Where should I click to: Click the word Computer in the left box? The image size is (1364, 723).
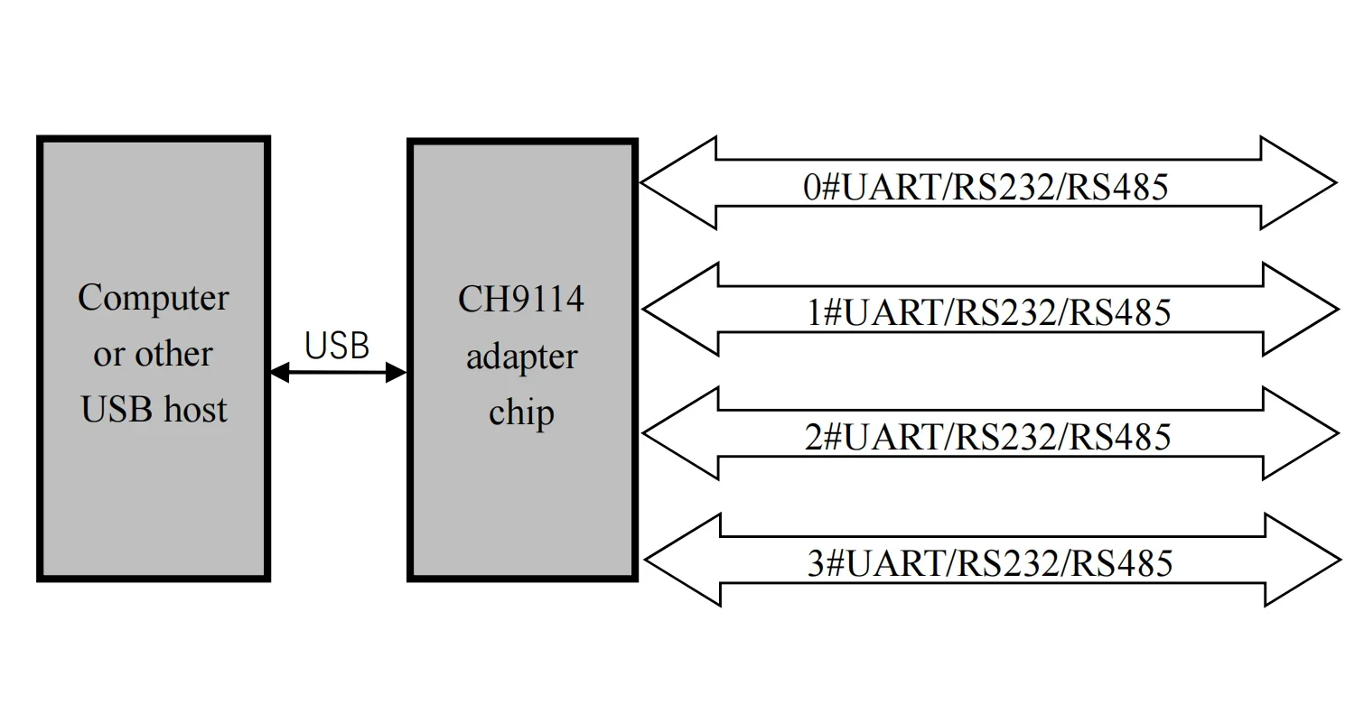click(154, 298)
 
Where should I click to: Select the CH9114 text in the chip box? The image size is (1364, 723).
click(521, 300)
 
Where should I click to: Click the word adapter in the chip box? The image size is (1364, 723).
click(521, 357)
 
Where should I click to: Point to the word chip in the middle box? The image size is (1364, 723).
click(521, 412)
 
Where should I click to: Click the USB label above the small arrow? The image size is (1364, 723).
click(337, 346)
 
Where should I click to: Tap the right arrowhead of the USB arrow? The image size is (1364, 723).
click(396, 372)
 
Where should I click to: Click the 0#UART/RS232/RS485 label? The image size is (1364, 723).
click(986, 187)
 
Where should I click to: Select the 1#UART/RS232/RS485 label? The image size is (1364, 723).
click(988, 312)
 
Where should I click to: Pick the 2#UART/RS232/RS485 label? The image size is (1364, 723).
click(988, 437)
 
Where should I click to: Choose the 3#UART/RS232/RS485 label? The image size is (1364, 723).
click(990, 563)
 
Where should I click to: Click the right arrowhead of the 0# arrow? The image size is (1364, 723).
click(1301, 183)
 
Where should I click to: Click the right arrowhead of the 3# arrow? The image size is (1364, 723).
click(1304, 561)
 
